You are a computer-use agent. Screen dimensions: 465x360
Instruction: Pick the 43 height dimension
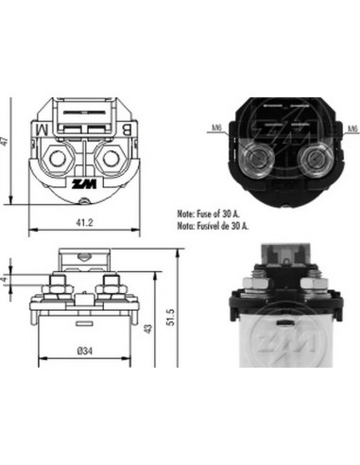click(x=147, y=329)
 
